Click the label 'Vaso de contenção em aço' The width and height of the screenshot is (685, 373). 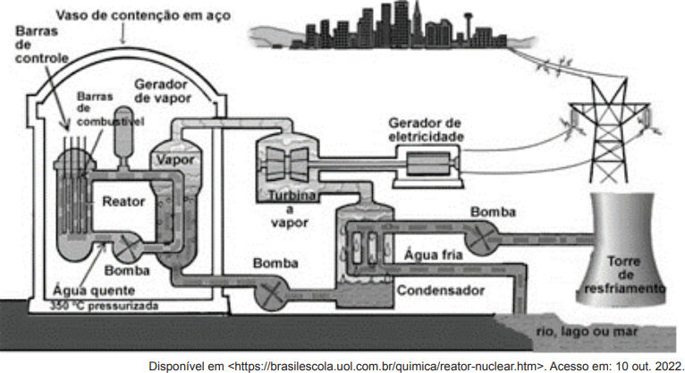(143, 16)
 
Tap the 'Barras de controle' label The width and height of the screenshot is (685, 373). (42, 45)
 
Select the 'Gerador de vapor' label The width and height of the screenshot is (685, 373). (163, 91)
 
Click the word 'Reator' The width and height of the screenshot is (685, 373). (123, 201)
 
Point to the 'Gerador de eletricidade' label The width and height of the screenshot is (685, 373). (426, 130)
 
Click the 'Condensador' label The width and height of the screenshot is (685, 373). (440, 291)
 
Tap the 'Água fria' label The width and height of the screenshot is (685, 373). (433, 254)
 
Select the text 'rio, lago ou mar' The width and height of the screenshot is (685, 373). (587, 332)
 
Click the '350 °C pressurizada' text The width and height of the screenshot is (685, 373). (104, 306)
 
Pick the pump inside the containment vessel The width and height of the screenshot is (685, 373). (128, 248)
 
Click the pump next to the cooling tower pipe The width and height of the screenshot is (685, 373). (479, 238)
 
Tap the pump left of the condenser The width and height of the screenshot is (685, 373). (271, 294)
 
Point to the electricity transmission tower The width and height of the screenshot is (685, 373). (608, 131)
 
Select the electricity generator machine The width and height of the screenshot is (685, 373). (428, 164)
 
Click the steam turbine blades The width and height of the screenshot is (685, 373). (286, 164)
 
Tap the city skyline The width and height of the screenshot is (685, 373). (393, 25)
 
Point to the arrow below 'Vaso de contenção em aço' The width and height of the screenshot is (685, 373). (123, 34)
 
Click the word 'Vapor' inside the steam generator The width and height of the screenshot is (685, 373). (175, 160)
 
